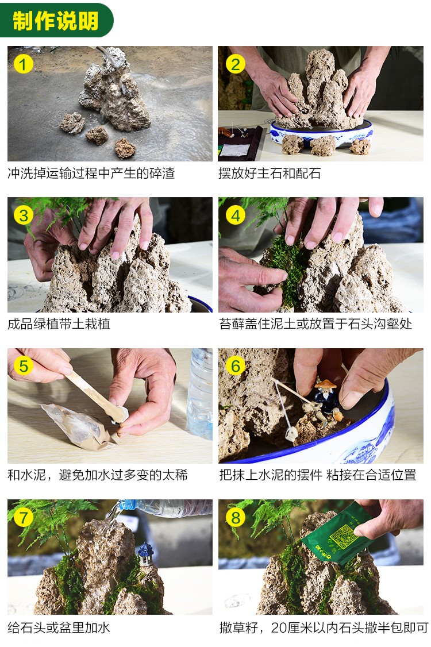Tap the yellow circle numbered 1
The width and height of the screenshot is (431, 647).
(23, 64)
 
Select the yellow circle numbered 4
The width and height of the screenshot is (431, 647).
(235, 215)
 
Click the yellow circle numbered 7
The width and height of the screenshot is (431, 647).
(23, 518)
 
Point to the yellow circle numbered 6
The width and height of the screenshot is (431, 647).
(235, 366)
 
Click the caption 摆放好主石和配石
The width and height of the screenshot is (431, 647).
(270, 174)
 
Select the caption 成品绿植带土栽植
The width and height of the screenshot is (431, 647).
(59, 324)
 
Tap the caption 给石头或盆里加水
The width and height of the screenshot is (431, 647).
(59, 627)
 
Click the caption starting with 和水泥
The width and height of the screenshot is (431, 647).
(98, 475)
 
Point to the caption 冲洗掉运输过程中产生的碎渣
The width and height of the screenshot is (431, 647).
(91, 174)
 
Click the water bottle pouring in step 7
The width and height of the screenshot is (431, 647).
(165, 509)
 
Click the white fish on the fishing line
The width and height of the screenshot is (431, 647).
(291, 434)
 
